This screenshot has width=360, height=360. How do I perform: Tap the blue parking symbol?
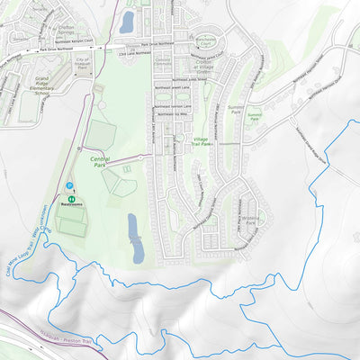pyautogui.click(x=69, y=186)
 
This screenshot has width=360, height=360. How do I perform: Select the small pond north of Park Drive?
pyautogui.click(x=127, y=21)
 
